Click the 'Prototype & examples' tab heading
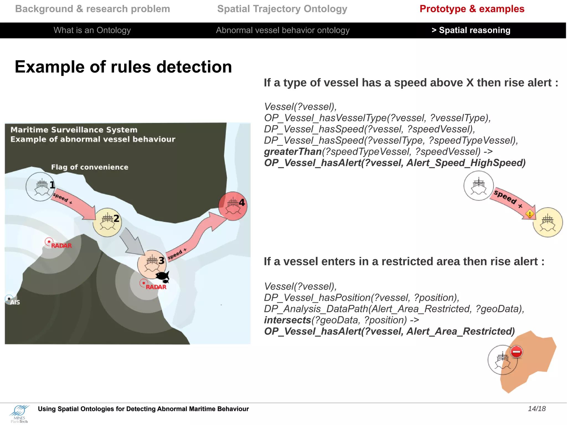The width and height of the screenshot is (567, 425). tap(472, 9)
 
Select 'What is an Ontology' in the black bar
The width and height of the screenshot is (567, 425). tap(92, 30)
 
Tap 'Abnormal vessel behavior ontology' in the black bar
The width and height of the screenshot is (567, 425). tap(283, 30)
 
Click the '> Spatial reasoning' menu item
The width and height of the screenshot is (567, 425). tap(471, 30)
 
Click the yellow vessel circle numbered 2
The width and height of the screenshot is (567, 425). tap(107, 222)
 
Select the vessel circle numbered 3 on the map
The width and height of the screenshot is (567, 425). tap(152, 264)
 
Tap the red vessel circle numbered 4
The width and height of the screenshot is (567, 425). tap(233, 206)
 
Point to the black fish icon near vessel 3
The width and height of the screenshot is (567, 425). tap(163, 276)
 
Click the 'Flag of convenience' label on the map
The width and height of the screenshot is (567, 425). tap(90, 167)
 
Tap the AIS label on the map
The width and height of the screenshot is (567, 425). tap(15, 302)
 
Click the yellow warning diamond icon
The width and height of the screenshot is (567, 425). tap(530, 214)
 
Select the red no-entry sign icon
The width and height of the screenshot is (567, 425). tap(517, 352)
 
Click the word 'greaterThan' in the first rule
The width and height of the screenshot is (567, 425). tap(293, 152)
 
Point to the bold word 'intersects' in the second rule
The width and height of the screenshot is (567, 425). tap(288, 320)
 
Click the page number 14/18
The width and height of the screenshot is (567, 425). tap(537, 409)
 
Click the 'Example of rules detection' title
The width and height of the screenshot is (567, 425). tap(123, 67)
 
